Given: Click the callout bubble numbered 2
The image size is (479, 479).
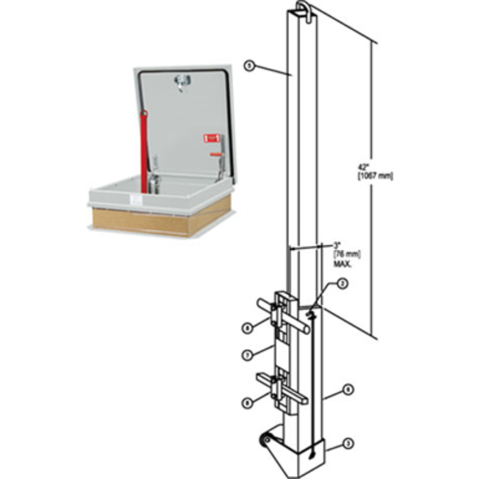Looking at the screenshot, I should coord(342,284).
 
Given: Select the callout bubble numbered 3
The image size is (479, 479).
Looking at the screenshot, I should coord(348,444).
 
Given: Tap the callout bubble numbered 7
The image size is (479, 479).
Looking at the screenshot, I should coord(248,354).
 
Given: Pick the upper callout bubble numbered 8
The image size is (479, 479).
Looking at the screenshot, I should coord(247,328).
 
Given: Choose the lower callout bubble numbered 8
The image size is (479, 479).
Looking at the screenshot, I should coord(247,402).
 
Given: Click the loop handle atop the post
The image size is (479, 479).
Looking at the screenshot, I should coord(301,9).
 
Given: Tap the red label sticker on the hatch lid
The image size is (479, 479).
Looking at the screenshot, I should coord(209,138).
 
